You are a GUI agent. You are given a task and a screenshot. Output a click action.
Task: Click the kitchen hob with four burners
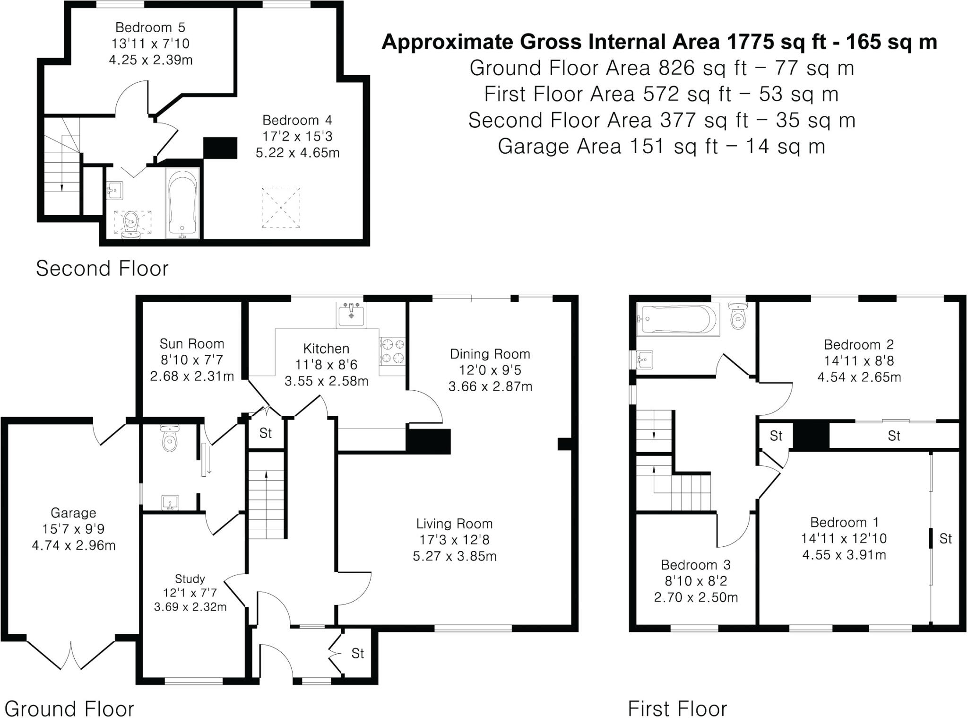(392, 351)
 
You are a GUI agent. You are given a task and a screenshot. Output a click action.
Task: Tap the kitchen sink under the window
(351, 315)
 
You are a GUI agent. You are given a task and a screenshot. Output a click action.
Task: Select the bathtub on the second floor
(182, 203)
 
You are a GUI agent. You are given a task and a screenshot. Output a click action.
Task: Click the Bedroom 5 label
(150, 27)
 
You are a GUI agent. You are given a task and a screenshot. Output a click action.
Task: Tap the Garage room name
(73, 513)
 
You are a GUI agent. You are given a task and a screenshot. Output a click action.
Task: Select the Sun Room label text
(191, 344)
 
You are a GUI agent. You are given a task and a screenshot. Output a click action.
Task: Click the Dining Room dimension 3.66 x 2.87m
(490, 386)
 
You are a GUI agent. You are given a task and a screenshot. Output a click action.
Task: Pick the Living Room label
(454, 524)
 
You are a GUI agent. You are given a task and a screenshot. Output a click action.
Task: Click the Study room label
(190, 578)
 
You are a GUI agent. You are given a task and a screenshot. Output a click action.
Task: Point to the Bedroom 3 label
(695, 565)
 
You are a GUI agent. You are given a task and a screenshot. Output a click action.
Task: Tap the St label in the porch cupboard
(358, 653)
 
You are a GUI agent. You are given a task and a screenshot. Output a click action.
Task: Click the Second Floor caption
(102, 269)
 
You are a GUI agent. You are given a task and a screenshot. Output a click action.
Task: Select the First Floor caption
(677, 709)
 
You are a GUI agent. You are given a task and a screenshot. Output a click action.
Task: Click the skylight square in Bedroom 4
(281, 208)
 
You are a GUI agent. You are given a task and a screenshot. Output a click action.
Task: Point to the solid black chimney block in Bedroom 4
(220, 148)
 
